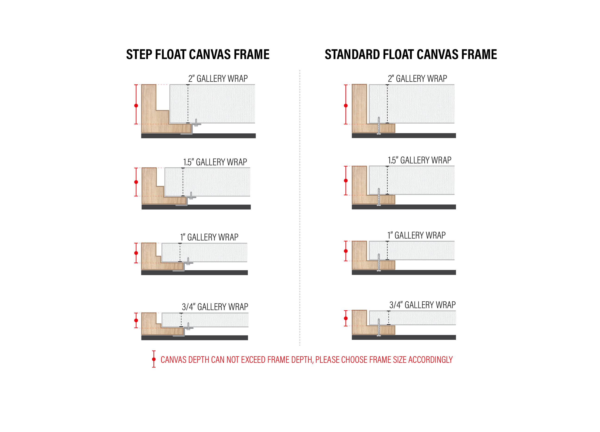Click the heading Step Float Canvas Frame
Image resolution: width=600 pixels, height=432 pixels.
click(198, 54)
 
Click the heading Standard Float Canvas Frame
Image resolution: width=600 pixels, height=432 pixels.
click(411, 54)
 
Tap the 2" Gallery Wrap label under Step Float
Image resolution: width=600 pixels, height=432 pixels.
click(218, 78)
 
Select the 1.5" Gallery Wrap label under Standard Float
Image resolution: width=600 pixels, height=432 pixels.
click(420, 160)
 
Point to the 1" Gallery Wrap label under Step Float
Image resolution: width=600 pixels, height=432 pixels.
click(209, 237)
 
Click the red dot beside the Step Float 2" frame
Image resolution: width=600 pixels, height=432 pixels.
click(136, 106)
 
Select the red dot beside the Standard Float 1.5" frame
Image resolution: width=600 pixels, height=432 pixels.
click(346, 181)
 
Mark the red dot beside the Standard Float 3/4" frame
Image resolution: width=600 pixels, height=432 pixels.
click(346, 318)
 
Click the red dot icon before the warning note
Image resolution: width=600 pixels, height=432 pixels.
click(154, 359)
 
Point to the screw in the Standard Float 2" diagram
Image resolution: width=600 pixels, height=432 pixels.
click(379, 126)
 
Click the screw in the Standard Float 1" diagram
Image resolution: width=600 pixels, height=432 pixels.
click(379, 263)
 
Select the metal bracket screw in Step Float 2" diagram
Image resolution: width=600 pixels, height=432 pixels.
click(196, 122)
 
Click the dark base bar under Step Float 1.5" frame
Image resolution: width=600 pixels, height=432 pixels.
click(196, 207)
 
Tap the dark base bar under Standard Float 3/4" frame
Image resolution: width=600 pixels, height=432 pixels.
click(404, 337)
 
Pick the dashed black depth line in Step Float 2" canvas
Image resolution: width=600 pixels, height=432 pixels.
click(188, 104)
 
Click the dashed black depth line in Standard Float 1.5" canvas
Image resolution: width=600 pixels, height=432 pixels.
click(387, 180)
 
